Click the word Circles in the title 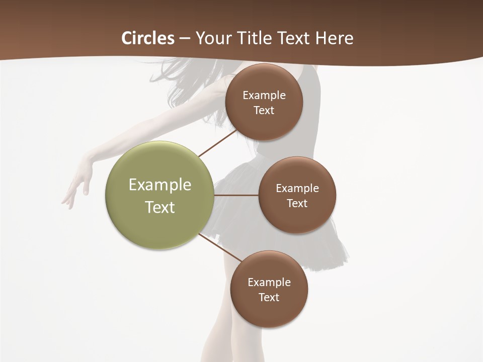coord(148,38)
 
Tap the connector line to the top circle coord(217,143)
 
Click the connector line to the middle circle coord(236,195)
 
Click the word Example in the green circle coord(160,185)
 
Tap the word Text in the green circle coord(160,207)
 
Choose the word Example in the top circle coord(264,96)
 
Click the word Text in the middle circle coord(297,203)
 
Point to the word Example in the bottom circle coord(269,282)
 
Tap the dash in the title coord(185,39)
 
